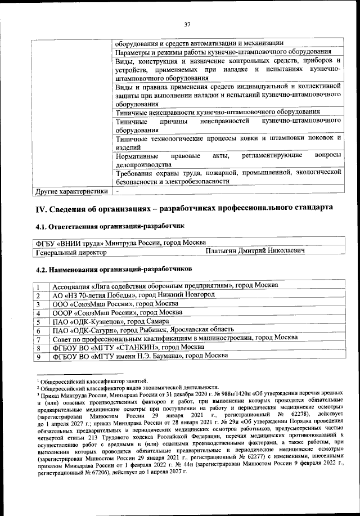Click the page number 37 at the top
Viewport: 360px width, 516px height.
coord(187,24)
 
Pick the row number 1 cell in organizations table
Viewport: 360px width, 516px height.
coord(38,286)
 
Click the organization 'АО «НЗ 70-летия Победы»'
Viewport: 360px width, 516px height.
coord(133,295)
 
